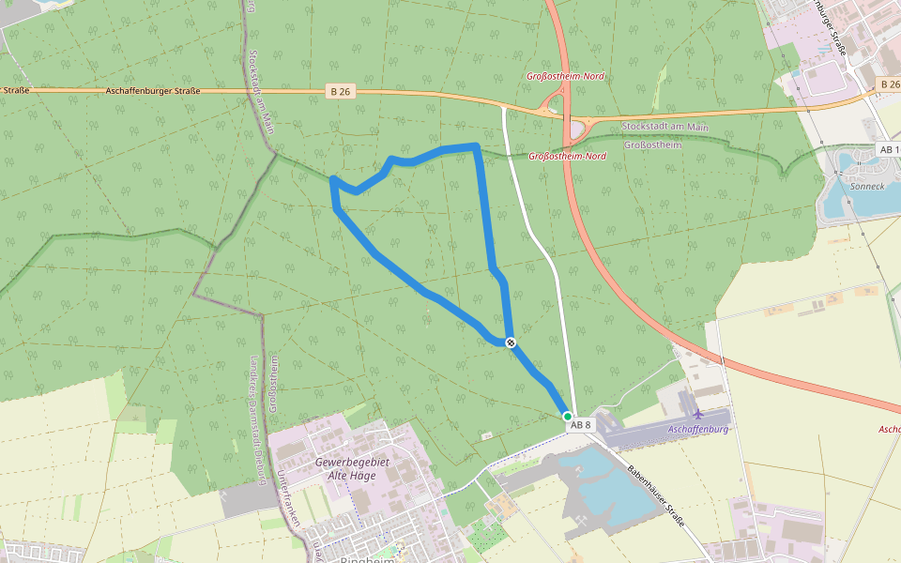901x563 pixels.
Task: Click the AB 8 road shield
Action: [581, 425]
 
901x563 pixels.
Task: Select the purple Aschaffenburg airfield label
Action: [697, 429]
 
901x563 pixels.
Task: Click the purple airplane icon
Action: [697, 413]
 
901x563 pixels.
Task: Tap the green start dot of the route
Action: [568, 416]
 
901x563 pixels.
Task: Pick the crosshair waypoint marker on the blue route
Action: [510, 342]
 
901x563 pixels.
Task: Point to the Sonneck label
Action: [866, 186]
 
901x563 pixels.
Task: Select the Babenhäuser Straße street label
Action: [658, 492]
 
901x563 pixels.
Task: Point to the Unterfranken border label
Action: [280, 488]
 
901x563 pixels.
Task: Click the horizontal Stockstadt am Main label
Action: [664, 127]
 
